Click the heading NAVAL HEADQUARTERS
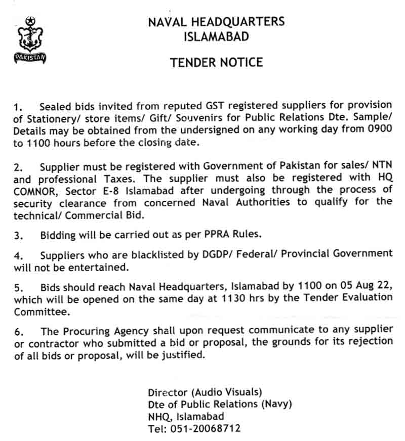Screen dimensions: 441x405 point(216,22)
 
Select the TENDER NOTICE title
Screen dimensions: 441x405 point(216,62)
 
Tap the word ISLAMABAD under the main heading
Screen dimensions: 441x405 point(216,36)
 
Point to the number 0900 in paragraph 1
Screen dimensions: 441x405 point(380,130)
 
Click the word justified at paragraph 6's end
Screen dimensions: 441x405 point(181,356)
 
